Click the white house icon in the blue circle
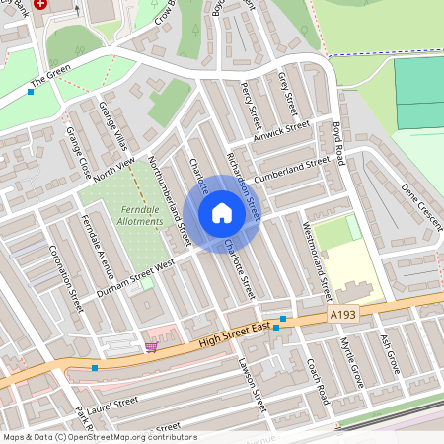222,213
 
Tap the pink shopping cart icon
151,346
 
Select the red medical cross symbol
40,5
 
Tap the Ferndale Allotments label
133,216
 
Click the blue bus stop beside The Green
31,92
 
